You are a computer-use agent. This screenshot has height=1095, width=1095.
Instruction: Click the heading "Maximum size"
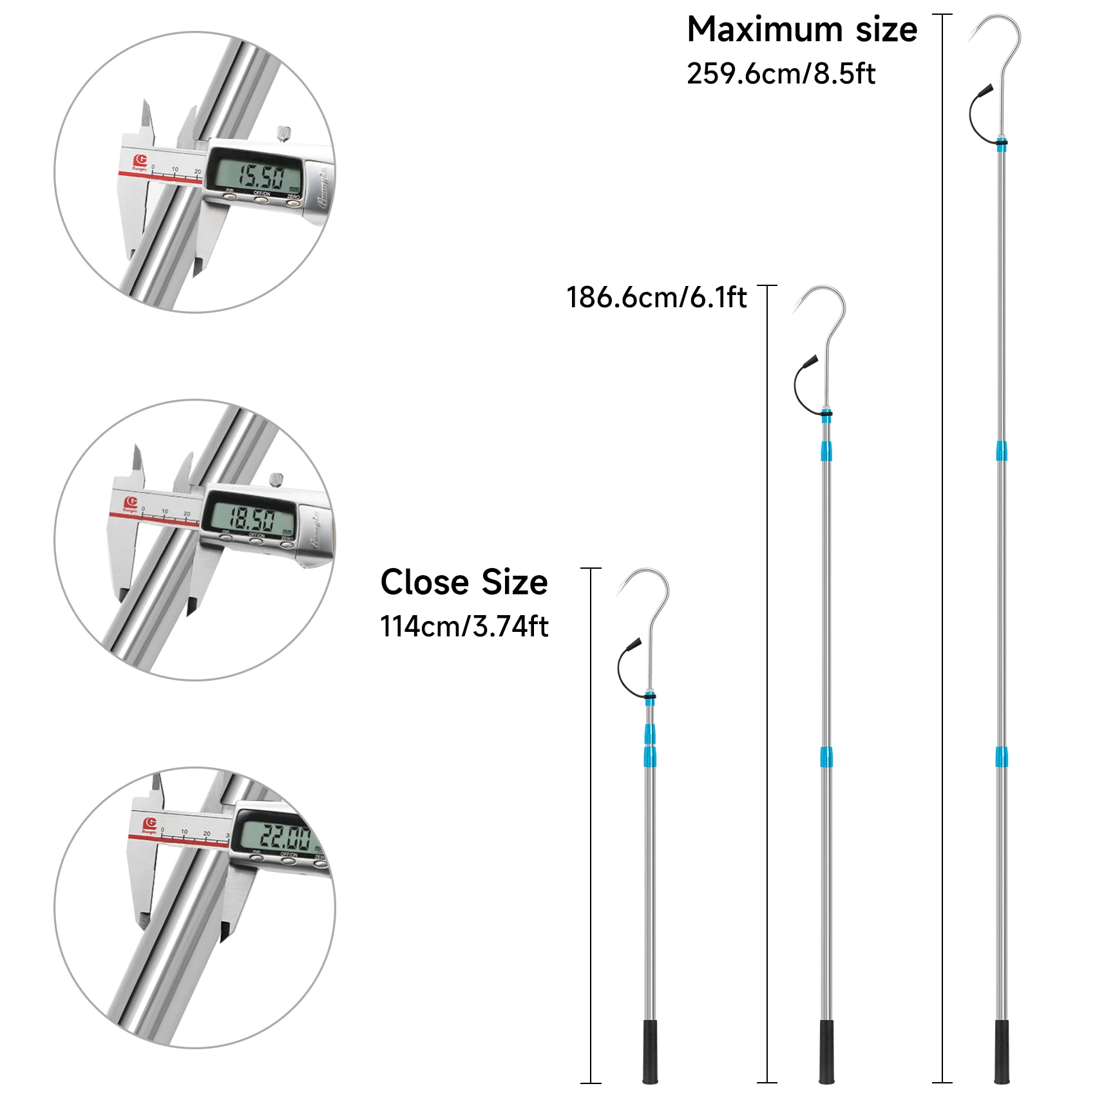[x=801, y=30]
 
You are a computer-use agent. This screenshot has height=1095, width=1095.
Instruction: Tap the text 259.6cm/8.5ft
[x=781, y=74]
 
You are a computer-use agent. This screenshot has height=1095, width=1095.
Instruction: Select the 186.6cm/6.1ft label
[x=656, y=298]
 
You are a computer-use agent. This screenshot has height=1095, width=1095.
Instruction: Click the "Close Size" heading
[x=464, y=583]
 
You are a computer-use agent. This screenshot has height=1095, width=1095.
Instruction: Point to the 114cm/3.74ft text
[x=464, y=627]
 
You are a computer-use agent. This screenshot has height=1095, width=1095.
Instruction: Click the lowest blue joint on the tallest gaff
[x=1001, y=757]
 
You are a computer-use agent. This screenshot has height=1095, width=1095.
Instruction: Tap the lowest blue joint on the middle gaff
[x=826, y=757]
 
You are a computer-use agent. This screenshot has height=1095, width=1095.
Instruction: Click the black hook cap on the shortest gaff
[x=634, y=644]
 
